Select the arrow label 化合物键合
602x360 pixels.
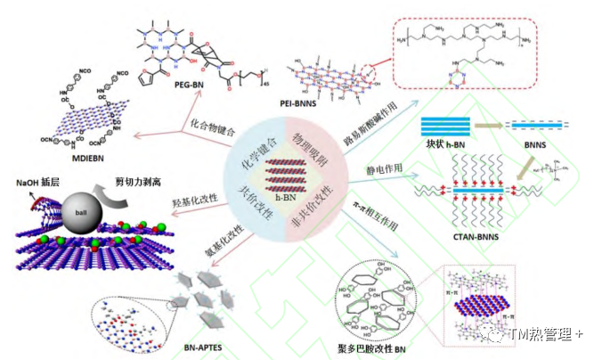pos(214,127)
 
